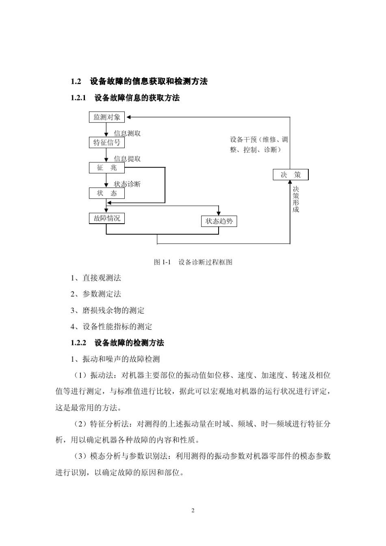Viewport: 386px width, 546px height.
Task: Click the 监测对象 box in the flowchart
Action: pyautogui.click(x=106, y=117)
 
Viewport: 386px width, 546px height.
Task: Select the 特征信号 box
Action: pyautogui.click(x=106, y=142)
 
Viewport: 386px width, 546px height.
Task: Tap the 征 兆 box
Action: pyautogui.click(x=106, y=168)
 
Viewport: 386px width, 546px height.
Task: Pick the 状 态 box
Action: pyautogui.click(x=106, y=193)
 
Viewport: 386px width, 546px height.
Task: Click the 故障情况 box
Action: pyautogui.click(x=106, y=218)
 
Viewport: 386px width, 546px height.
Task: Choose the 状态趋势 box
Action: pyautogui.click(x=219, y=221)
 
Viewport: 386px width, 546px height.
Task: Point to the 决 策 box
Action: pyautogui.click(x=291, y=175)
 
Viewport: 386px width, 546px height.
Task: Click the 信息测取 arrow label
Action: pyautogui.click(x=127, y=134)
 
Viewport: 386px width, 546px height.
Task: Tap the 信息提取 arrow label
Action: pyautogui.click(x=127, y=159)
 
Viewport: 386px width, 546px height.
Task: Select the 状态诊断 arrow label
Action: pyautogui.click(x=127, y=184)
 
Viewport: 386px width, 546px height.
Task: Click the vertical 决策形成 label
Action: pyautogui.click(x=296, y=199)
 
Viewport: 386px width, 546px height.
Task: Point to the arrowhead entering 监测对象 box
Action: pyautogui.click(x=128, y=117)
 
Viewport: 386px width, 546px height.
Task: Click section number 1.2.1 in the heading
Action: pyautogui.click(x=79, y=98)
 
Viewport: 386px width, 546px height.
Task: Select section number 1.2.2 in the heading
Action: pyautogui.click(x=79, y=343)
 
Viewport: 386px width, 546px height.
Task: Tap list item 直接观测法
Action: pyautogui.click(x=101, y=278)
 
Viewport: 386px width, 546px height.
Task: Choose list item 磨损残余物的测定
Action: pyautogui.click(x=113, y=311)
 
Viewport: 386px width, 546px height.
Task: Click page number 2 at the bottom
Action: pyautogui.click(x=193, y=510)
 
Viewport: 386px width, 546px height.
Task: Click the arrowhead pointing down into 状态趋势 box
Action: pyautogui.click(x=219, y=214)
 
